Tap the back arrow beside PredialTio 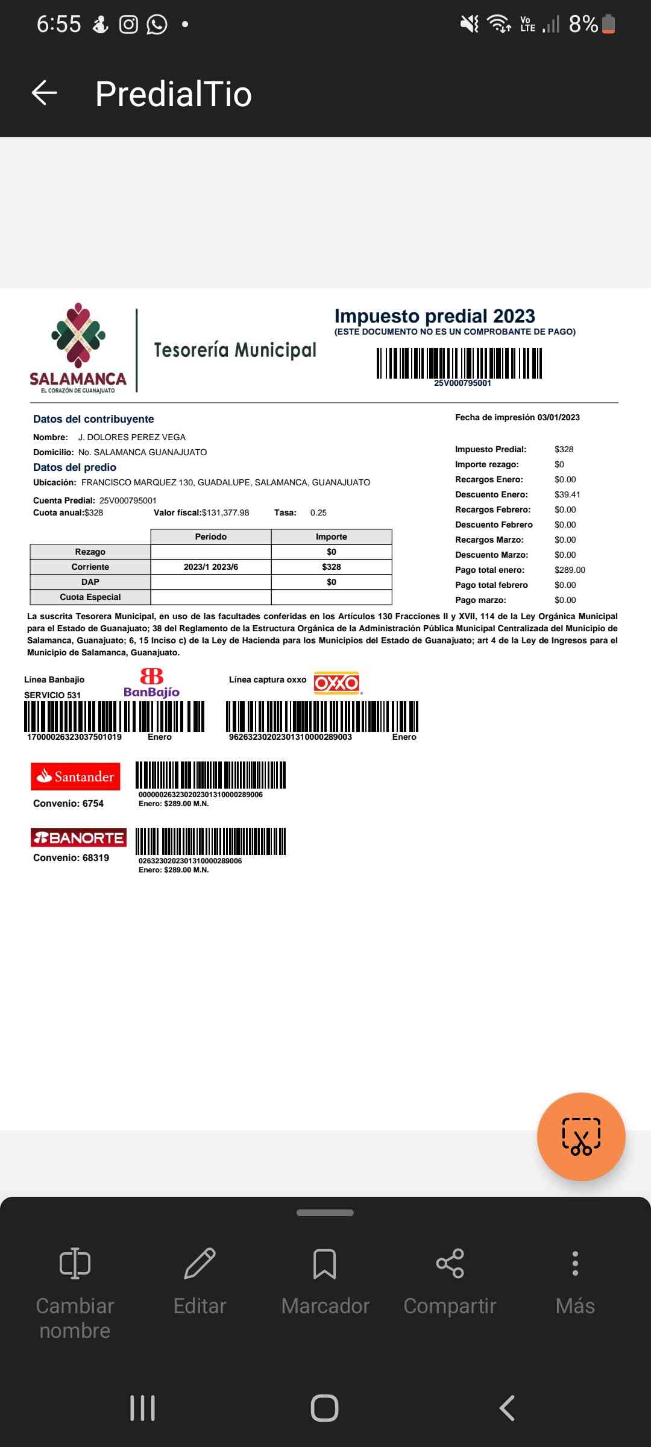point(44,93)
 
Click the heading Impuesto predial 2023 point(435,316)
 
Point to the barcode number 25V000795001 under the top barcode point(462,383)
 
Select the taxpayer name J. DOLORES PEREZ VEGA point(131,437)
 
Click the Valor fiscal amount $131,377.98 point(225,513)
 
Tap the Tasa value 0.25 point(318,513)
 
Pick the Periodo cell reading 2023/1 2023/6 point(211,567)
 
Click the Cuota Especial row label point(90,597)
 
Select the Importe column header point(332,537)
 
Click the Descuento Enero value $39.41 point(567,494)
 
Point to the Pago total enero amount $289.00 point(570,570)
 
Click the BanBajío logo point(151,683)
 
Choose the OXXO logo point(336,683)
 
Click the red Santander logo point(75,777)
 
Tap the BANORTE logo point(78,837)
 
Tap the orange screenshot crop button point(581,1136)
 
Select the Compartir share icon point(450,1263)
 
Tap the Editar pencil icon point(200,1263)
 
